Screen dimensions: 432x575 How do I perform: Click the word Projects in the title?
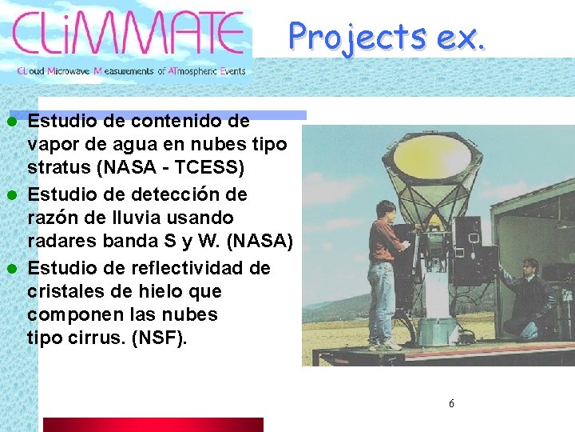click(357, 36)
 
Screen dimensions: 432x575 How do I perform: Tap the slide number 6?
click(451, 403)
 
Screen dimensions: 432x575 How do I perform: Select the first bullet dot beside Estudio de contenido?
click(12, 122)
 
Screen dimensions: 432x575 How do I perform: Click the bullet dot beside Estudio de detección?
click(12, 194)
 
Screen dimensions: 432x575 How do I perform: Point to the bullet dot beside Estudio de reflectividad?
click(12, 267)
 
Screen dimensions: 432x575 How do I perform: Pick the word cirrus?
click(93, 338)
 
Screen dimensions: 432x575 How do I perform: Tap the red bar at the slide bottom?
click(153, 424)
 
